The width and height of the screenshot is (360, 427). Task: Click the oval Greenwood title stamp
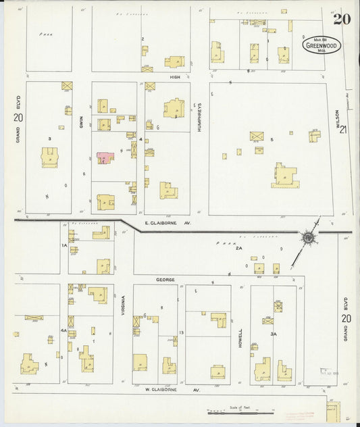click(x=322, y=46)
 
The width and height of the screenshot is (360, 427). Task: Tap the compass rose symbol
click(x=308, y=237)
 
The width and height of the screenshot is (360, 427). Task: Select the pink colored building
click(x=105, y=157)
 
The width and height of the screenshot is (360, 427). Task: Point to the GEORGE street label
click(x=165, y=279)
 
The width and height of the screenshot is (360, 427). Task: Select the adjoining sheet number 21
click(x=344, y=130)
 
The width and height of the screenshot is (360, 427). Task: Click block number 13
click(x=182, y=333)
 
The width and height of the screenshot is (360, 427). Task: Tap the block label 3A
click(x=273, y=334)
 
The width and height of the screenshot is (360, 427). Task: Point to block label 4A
click(x=63, y=330)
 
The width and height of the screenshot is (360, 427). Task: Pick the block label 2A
click(x=238, y=249)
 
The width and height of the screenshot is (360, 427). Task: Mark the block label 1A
click(x=64, y=245)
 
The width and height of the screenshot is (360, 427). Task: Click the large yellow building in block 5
click(x=284, y=177)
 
